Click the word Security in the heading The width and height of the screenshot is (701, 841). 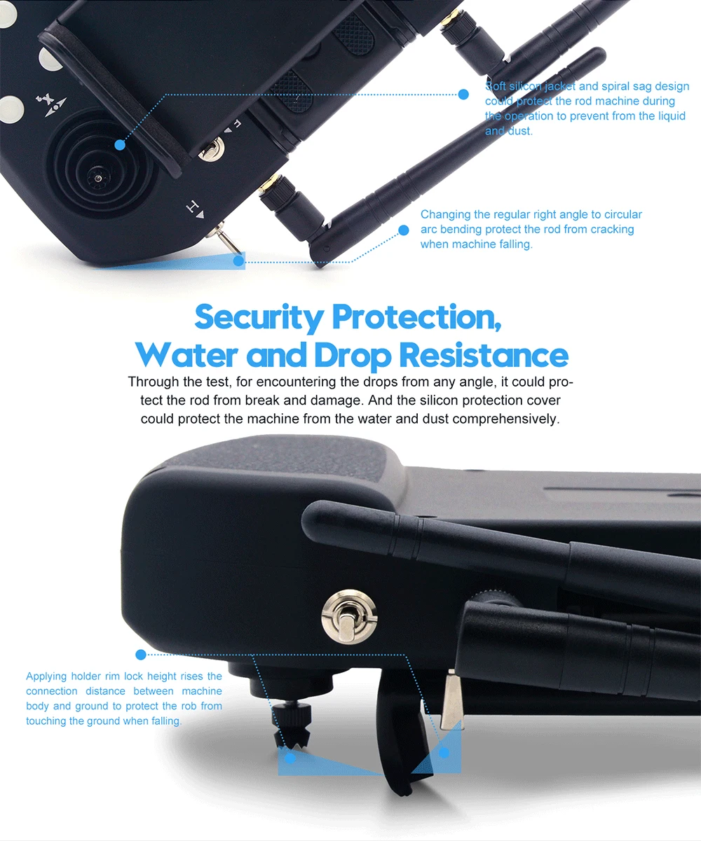click(x=259, y=317)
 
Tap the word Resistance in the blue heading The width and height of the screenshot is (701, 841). click(x=484, y=355)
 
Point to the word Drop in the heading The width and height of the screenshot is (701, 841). click(x=353, y=356)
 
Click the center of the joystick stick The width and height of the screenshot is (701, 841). click(x=97, y=178)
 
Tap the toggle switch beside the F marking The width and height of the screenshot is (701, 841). click(x=211, y=149)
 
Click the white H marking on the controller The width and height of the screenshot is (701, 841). click(x=195, y=209)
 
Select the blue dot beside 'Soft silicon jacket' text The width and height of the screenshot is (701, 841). click(x=463, y=95)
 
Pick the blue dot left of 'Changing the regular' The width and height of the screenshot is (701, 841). click(x=403, y=230)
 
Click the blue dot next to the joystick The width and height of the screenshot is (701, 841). click(x=120, y=145)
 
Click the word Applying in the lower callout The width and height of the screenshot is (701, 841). click(x=46, y=676)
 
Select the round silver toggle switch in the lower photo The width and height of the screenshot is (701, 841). click(x=349, y=617)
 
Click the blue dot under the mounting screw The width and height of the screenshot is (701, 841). click(x=290, y=758)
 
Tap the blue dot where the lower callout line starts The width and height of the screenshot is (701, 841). click(x=141, y=655)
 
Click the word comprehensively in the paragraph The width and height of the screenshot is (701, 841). click(x=506, y=419)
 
